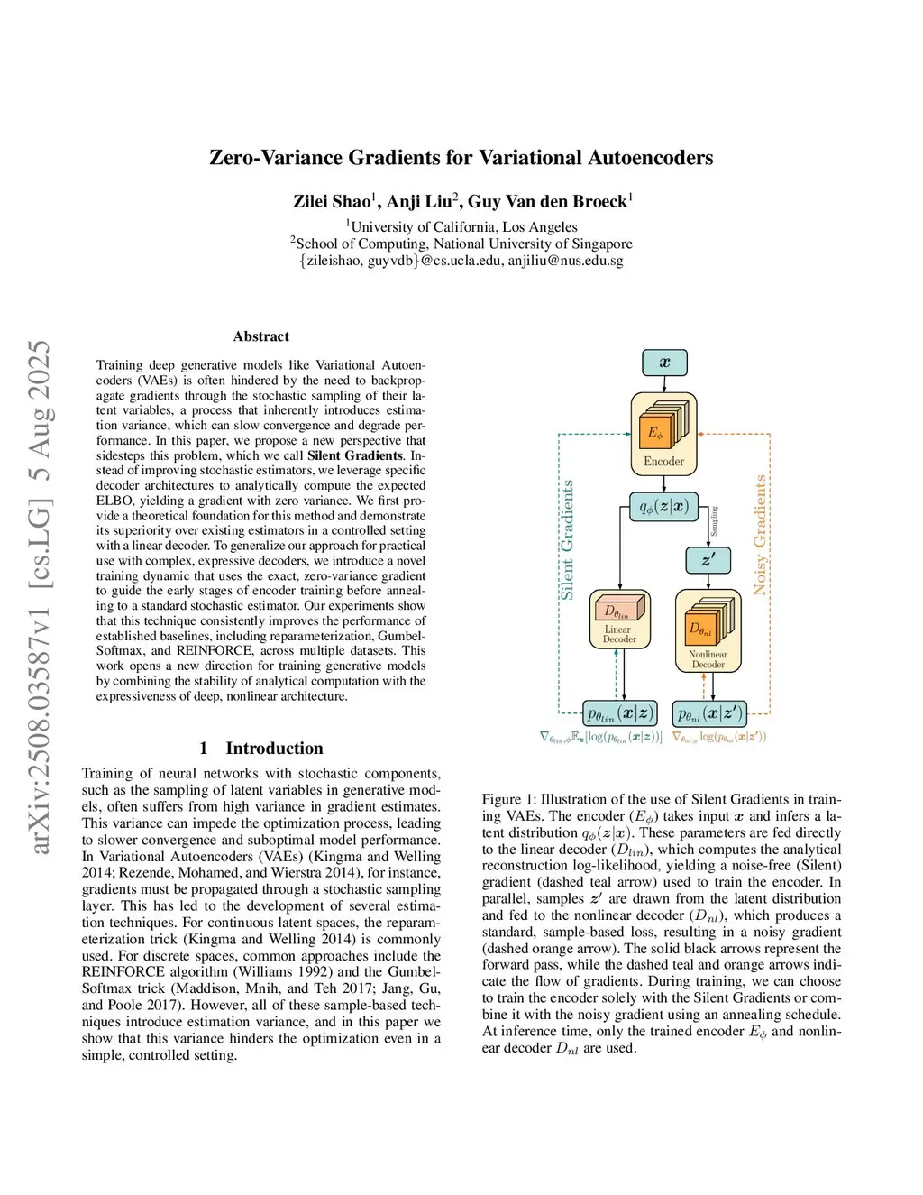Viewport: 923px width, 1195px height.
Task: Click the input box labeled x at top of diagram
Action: [x=664, y=363]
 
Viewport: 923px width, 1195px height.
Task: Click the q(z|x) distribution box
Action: [x=663, y=506]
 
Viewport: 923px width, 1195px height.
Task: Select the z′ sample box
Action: [x=708, y=560]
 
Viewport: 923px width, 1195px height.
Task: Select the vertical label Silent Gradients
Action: [x=567, y=539]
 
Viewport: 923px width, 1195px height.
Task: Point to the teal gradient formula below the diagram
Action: [x=600, y=737]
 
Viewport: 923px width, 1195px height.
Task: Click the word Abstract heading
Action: [x=261, y=336]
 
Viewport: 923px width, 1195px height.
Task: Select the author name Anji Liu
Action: [x=420, y=201]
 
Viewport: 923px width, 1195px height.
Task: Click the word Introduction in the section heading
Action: [x=274, y=748]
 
